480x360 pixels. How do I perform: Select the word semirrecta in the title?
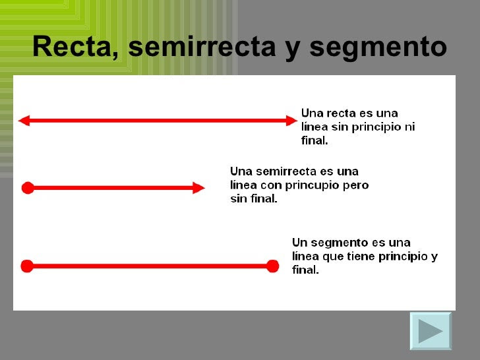[x=202, y=47]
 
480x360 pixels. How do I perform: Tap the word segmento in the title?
[x=378, y=48]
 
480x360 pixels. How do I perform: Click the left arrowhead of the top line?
[x=24, y=121]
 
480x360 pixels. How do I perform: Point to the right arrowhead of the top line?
[x=291, y=121]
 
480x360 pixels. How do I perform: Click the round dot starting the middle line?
[x=28, y=188]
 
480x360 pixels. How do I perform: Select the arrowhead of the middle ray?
[x=198, y=188]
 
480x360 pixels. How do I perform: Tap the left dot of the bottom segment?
[x=27, y=266]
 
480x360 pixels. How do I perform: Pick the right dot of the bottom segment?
[x=272, y=266]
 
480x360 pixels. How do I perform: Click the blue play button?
[x=431, y=331]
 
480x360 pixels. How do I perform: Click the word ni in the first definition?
[x=410, y=127]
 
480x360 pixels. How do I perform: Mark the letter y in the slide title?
[x=293, y=49]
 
